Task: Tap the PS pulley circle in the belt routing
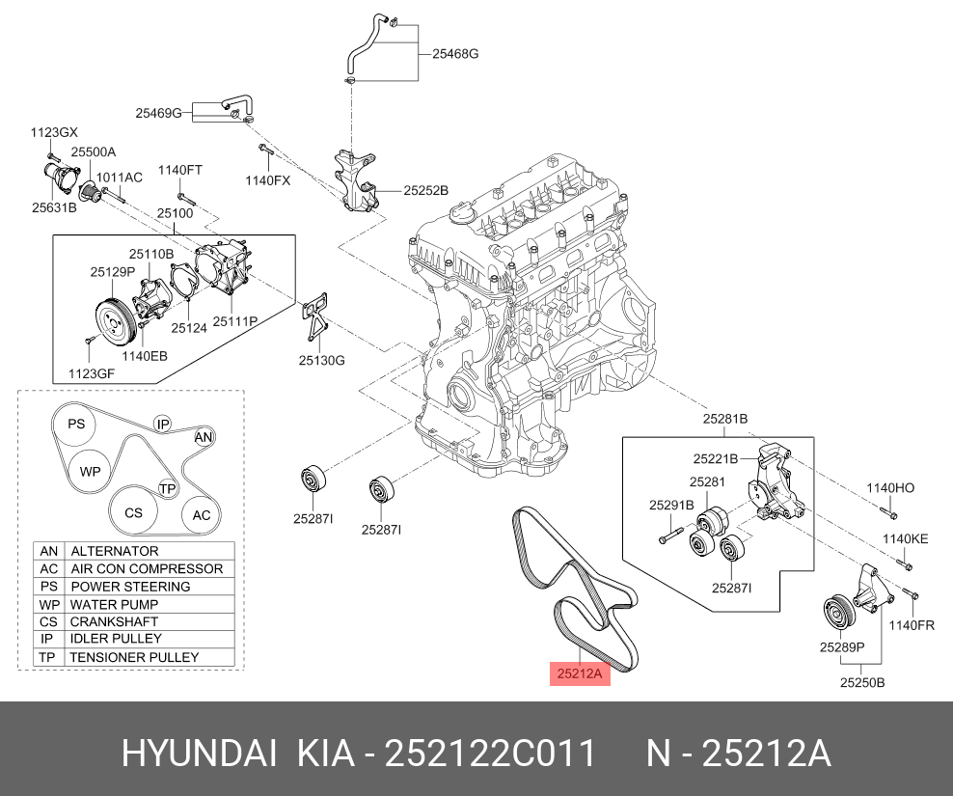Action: (76, 425)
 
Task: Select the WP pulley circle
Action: (90, 472)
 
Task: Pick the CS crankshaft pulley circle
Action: (133, 512)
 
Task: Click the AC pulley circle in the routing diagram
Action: (201, 515)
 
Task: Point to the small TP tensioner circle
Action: (167, 489)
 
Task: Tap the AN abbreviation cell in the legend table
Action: (48, 551)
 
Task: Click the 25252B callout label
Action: (425, 191)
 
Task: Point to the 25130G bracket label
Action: (321, 360)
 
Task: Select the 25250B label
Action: (861, 682)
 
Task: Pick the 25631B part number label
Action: (54, 206)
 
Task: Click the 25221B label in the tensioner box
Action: (715, 459)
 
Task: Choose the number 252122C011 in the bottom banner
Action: (490, 755)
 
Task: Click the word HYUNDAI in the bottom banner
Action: (198, 755)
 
